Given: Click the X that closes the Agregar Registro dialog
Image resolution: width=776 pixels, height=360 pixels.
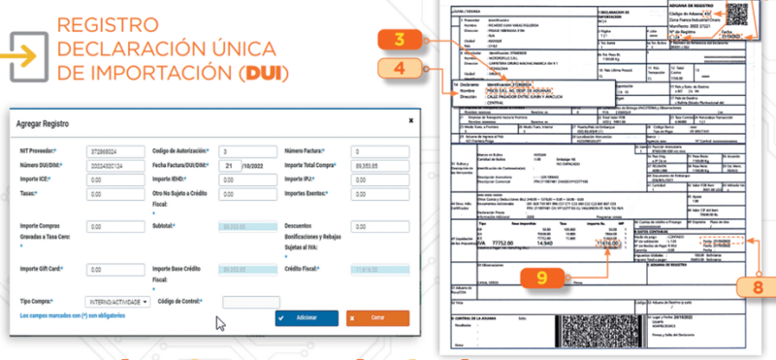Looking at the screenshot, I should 410,120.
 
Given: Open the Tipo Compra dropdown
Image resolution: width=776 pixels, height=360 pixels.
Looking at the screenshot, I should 117,302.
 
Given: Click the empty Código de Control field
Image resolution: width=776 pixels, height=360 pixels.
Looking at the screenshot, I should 250,302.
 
